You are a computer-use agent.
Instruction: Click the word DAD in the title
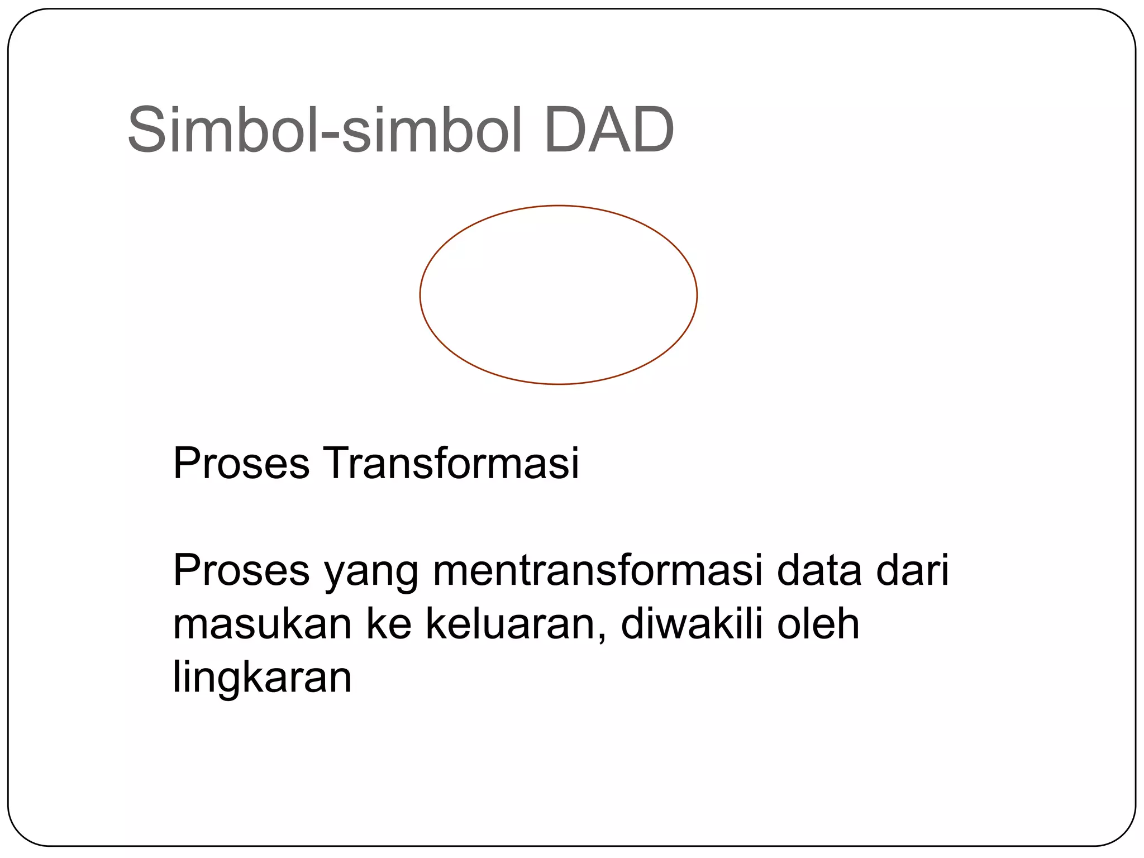(x=609, y=131)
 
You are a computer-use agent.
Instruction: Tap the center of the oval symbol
(x=559, y=295)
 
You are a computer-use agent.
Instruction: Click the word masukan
(x=263, y=625)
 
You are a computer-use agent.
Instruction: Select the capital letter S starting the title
(x=147, y=131)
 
